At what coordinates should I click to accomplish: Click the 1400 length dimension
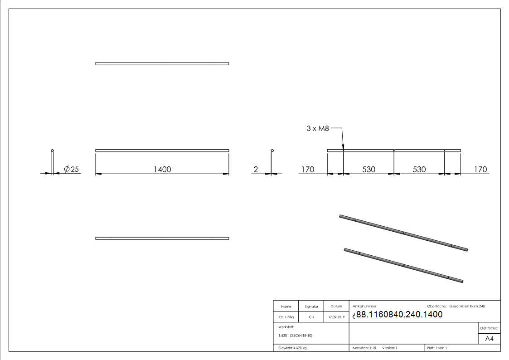click(x=162, y=169)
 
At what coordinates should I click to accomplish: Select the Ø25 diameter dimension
click(x=72, y=169)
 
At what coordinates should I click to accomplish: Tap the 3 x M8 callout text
click(x=317, y=129)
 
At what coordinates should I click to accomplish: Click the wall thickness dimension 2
click(x=256, y=170)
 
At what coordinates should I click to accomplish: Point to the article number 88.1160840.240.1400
click(x=399, y=315)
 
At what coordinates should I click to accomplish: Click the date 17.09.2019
click(x=336, y=317)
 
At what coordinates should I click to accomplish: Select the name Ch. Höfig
click(x=286, y=317)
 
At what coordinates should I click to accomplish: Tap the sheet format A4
click(x=490, y=339)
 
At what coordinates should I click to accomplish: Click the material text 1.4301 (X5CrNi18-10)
click(x=296, y=336)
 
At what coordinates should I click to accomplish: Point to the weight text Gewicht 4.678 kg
click(x=292, y=348)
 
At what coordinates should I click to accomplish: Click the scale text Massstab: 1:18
click(x=364, y=348)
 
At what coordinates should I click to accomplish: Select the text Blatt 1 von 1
click(x=437, y=348)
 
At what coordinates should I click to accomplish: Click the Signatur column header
click(x=311, y=306)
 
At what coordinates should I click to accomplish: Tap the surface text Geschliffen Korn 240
click(x=467, y=306)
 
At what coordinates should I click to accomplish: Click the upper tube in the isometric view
click(x=403, y=233)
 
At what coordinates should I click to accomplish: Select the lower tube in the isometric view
click(x=403, y=265)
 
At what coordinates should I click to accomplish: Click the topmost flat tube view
click(x=162, y=63)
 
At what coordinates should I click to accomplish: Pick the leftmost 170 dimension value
click(x=307, y=170)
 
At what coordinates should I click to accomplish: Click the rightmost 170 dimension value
click(x=480, y=170)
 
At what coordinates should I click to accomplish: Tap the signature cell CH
click(x=311, y=317)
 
